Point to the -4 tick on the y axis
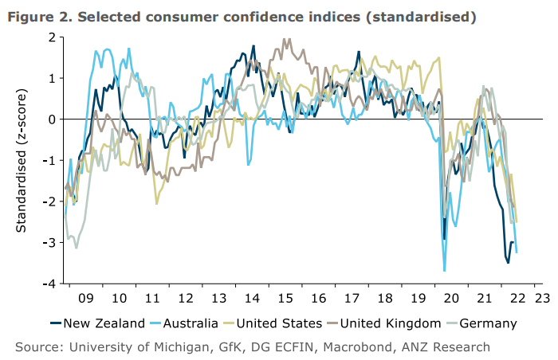pyautogui.click(x=49, y=284)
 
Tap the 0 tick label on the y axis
pyautogui.click(x=52, y=119)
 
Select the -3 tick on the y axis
pyautogui.click(x=49, y=242)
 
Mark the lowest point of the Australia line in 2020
pyautogui.click(x=444, y=271)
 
